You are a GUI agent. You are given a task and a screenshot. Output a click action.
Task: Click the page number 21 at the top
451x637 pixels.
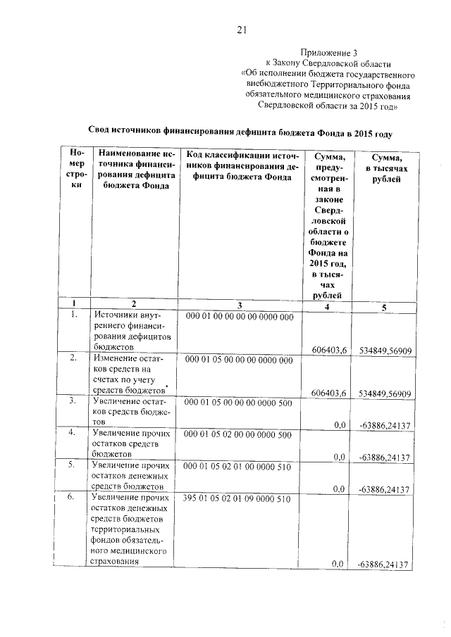click(x=240, y=29)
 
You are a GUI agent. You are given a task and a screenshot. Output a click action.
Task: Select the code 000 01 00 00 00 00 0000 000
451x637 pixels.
click(x=238, y=317)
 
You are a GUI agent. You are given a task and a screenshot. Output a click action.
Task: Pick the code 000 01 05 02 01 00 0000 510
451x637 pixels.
click(x=237, y=466)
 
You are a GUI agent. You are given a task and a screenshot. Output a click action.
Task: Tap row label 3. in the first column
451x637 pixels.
click(x=72, y=401)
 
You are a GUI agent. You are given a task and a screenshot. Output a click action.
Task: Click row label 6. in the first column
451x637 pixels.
click(x=72, y=498)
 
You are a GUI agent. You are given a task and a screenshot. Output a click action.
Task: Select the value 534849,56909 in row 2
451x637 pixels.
click(x=385, y=393)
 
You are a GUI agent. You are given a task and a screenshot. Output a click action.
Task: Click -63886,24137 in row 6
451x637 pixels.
click(x=384, y=565)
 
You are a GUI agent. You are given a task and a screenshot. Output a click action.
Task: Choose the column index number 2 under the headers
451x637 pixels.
click(x=134, y=304)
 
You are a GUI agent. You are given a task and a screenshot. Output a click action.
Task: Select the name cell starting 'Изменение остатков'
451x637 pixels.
click(x=131, y=374)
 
